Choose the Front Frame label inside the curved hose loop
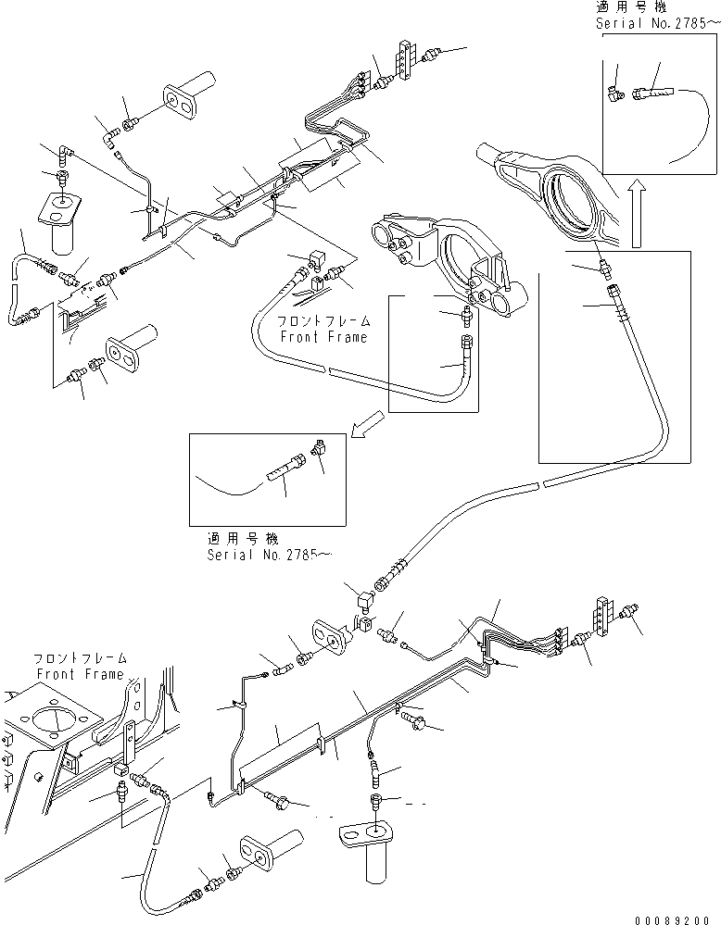[x=323, y=329]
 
